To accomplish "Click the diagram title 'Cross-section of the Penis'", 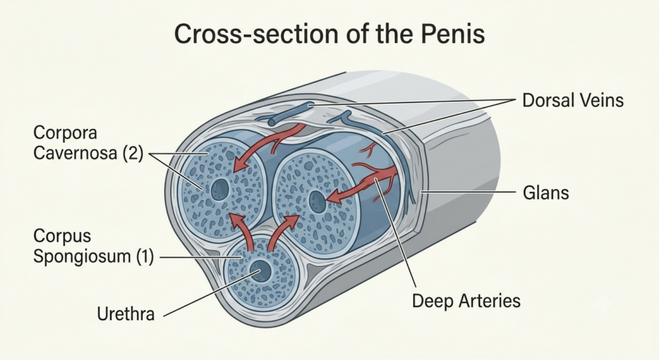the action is click(x=329, y=34).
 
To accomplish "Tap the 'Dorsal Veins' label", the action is click(x=573, y=100).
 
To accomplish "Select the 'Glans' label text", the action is click(x=546, y=193).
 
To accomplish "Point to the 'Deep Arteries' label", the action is click(x=466, y=301).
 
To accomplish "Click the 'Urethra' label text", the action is click(x=125, y=314).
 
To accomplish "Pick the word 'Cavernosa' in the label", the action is click(x=76, y=153).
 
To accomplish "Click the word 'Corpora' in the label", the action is click(x=65, y=133).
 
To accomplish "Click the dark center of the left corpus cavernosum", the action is click(x=220, y=190).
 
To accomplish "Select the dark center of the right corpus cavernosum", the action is click(x=317, y=202).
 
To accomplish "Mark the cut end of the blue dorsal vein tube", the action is click(x=272, y=122).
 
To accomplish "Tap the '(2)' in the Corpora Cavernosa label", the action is click(x=133, y=153).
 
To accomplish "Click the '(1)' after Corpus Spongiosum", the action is click(x=144, y=256).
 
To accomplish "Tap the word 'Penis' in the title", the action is click(x=453, y=34).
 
